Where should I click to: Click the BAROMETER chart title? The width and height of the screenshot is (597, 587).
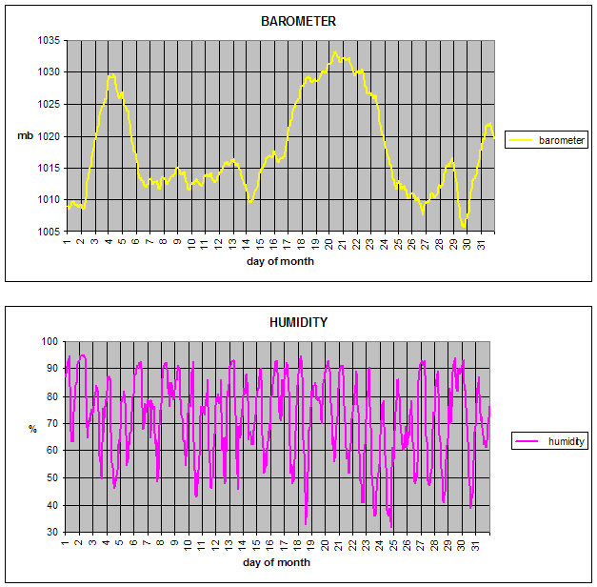pyautogui.click(x=298, y=21)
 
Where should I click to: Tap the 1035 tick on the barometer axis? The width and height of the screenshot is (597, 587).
pyautogui.click(x=49, y=41)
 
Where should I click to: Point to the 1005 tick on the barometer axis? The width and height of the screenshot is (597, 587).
pyautogui.click(x=49, y=232)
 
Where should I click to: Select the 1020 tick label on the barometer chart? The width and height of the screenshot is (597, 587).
pyautogui.click(x=49, y=136)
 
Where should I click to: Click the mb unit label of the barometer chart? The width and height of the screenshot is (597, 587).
pyautogui.click(x=25, y=136)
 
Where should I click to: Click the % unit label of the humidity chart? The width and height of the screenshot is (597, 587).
pyautogui.click(x=31, y=429)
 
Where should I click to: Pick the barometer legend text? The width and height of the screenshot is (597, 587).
pyautogui.click(x=562, y=140)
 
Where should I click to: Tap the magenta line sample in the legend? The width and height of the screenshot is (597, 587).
pyautogui.click(x=528, y=441)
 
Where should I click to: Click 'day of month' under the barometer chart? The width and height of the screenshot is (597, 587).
pyautogui.click(x=280, y=261)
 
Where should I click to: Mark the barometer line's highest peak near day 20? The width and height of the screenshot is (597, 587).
pyautogui.click(x=335, y=52)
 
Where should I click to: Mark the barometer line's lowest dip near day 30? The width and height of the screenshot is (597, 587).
pyautogui.click(x=464, y=228)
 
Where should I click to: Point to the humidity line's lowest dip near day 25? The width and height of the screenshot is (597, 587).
pyautogui.click(x=391, y=527)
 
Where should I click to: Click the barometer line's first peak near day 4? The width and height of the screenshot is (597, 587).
pyautogui.click(x=112, y=74)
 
